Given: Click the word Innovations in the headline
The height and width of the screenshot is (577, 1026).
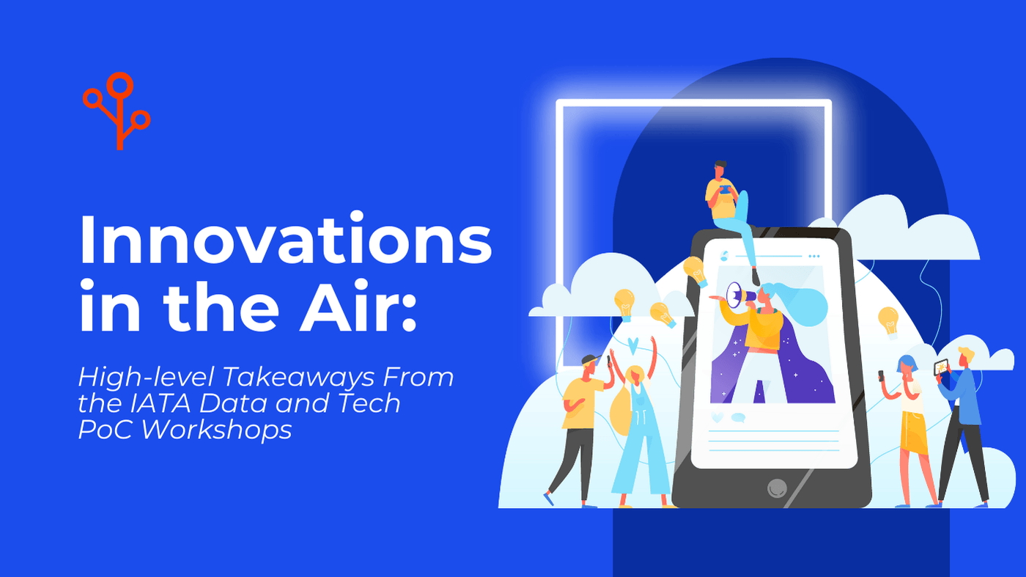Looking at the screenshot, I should tap(284, 240).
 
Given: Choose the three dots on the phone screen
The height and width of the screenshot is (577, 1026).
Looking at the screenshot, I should tap(813, 257).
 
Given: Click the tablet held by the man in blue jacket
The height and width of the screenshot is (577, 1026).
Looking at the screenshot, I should tap(941, 367).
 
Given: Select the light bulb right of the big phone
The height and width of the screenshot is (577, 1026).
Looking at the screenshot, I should tap(888, 321).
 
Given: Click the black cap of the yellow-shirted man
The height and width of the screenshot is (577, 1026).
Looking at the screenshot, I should tap(591, 360).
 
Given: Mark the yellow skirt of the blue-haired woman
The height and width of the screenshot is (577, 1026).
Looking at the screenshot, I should tap(914, 433).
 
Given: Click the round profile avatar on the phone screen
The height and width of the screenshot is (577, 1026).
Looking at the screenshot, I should tap(724, 256).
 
